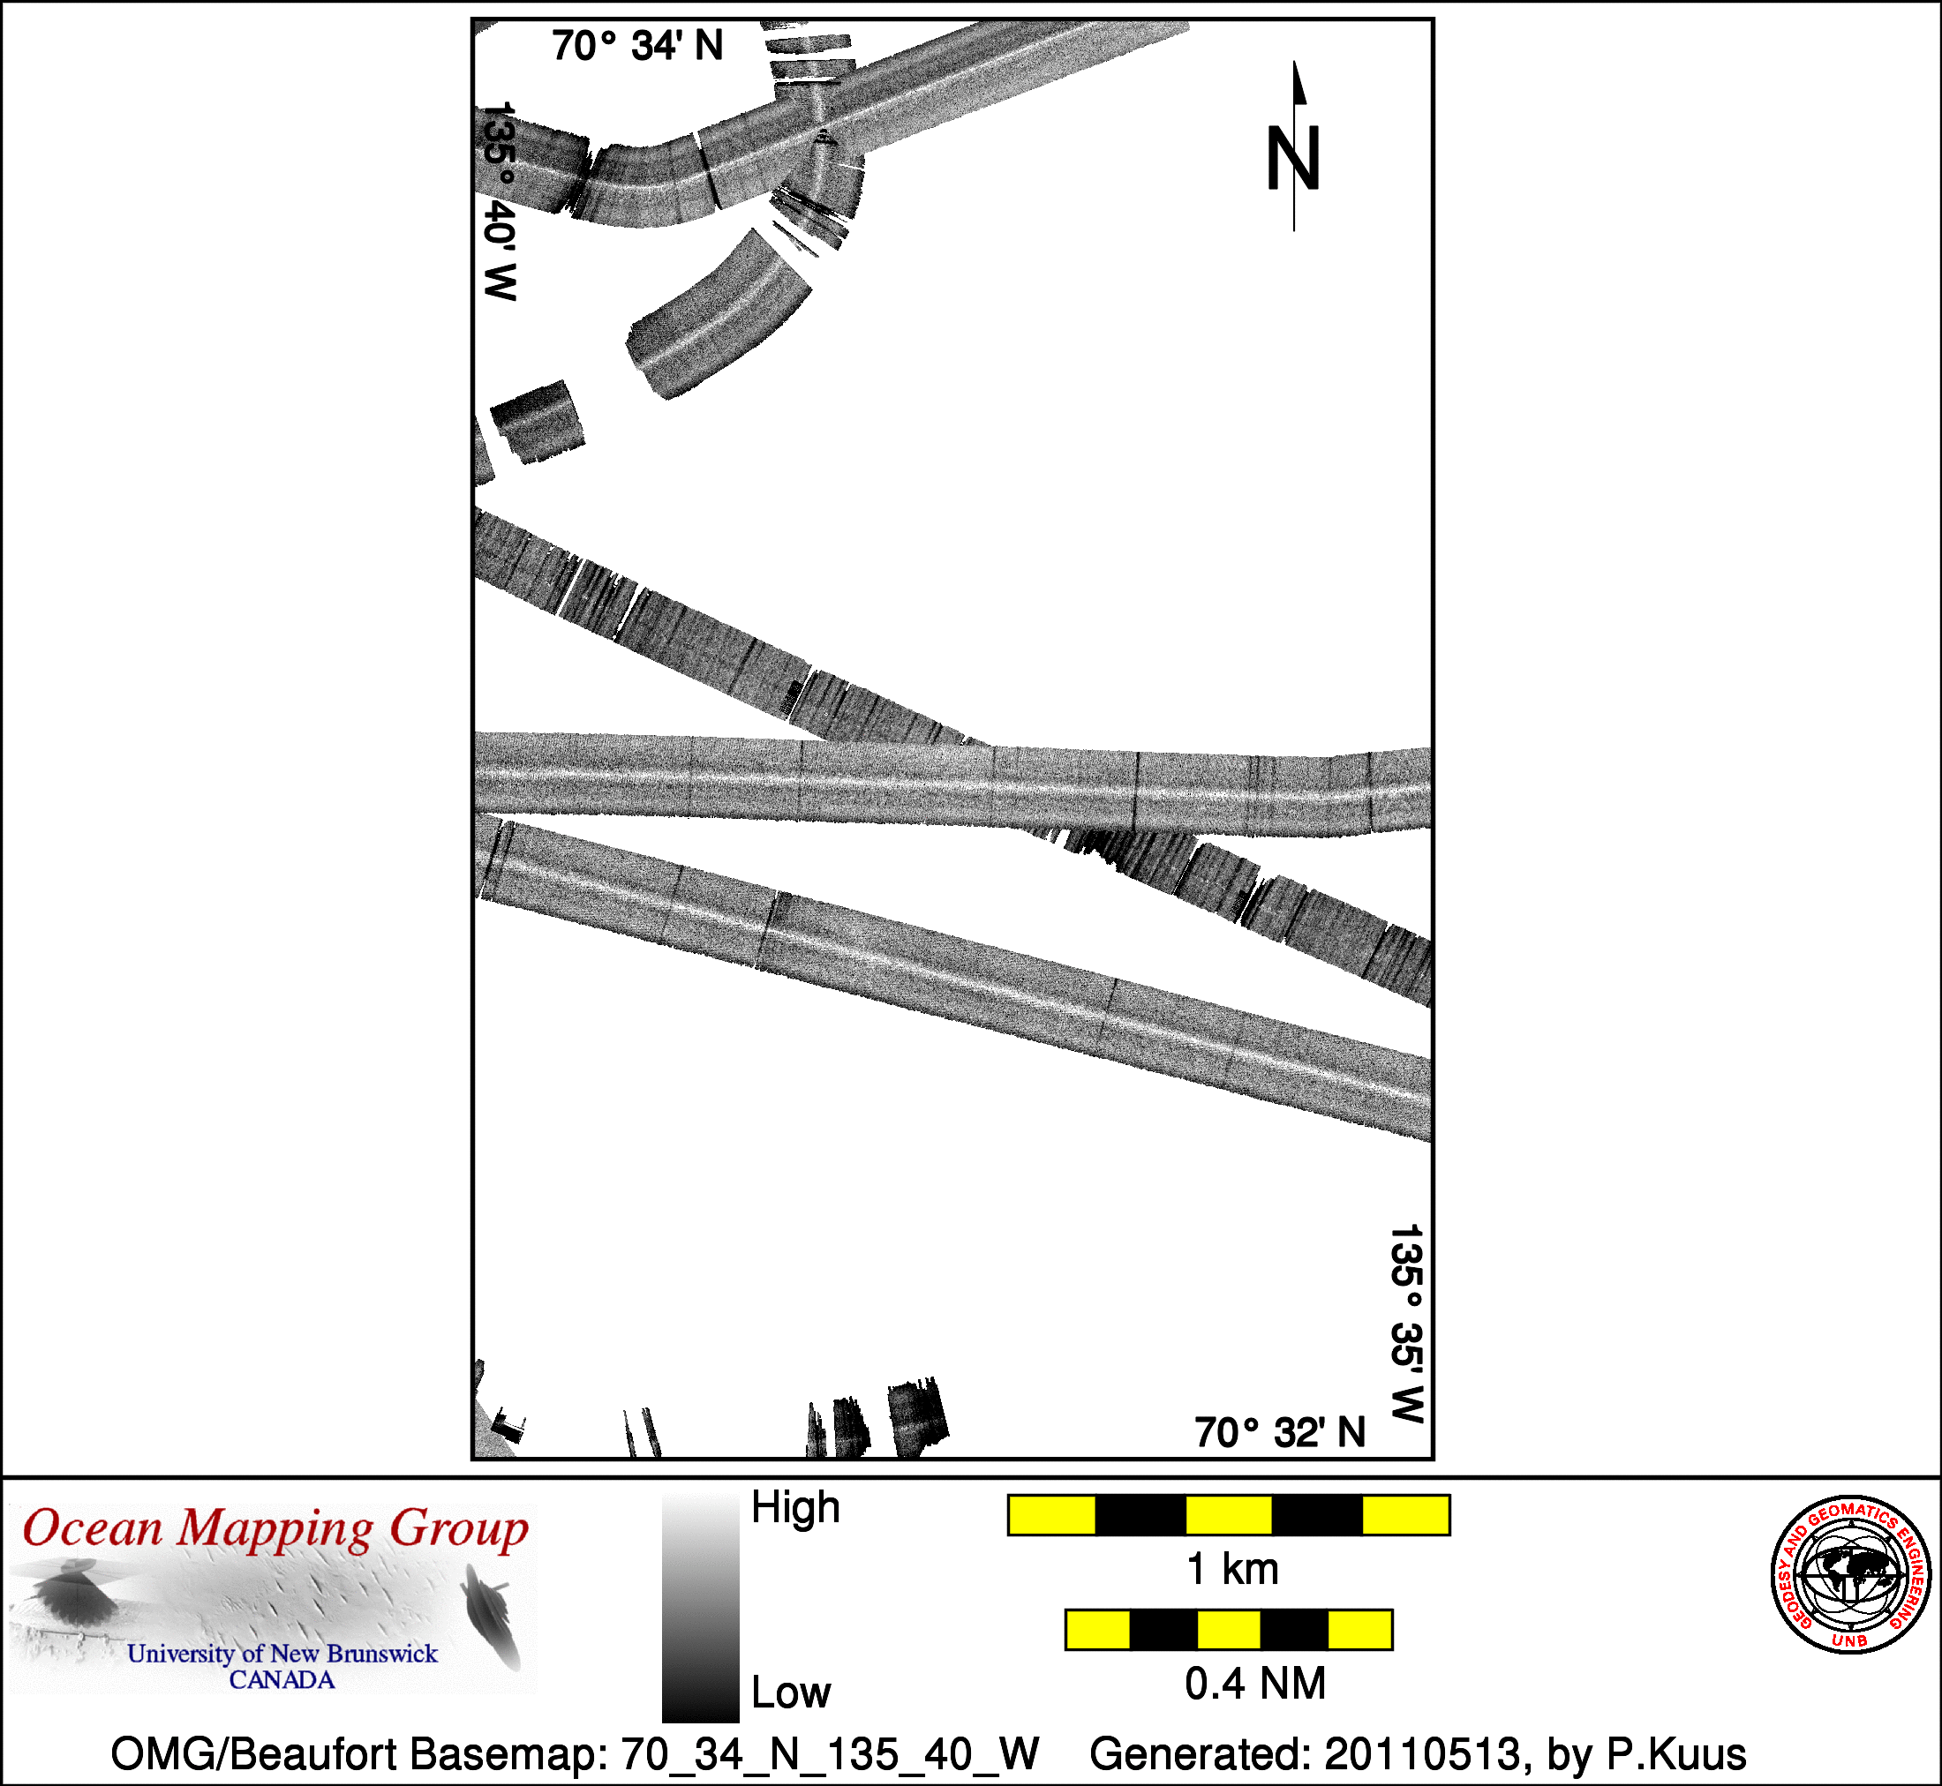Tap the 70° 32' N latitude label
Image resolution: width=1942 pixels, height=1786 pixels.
1280,1433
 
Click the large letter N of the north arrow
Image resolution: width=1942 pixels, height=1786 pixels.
1293,159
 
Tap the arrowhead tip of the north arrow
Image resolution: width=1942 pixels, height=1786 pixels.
1295,62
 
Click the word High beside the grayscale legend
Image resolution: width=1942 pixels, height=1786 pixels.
795,1508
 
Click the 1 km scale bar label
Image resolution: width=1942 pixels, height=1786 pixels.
1232,1570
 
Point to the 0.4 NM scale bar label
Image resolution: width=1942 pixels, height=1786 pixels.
1254,1685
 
